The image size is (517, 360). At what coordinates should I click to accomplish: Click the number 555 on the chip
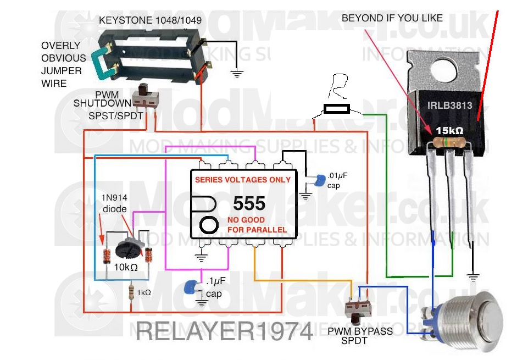coord(249,204)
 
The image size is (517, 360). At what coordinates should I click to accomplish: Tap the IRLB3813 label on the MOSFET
coord(449,106)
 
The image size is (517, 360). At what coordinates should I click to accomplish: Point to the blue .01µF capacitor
coord(317,180)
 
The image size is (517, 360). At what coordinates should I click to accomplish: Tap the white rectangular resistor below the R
coord(336,109)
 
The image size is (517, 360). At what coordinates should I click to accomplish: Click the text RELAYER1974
coord(224,330)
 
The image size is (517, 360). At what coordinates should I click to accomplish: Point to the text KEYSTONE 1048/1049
coord(150,20)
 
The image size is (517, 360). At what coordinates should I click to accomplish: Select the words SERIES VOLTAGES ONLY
coord(243,180)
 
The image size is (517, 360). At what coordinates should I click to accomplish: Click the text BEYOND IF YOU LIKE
coord(392,18)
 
